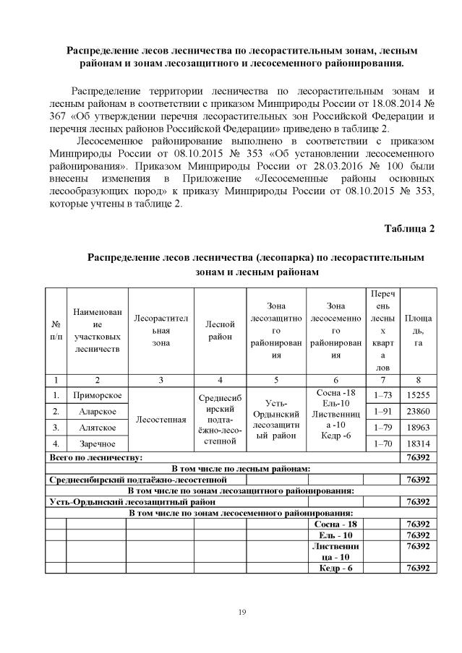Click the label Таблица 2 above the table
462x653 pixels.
point(409,229)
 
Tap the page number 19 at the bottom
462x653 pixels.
point(242,613)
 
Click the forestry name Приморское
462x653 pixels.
point(95,395)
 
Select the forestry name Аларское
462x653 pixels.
point(95,410)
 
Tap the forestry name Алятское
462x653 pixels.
point(95,426)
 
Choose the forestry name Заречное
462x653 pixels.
point(95,443)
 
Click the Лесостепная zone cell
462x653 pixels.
point(160,418)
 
